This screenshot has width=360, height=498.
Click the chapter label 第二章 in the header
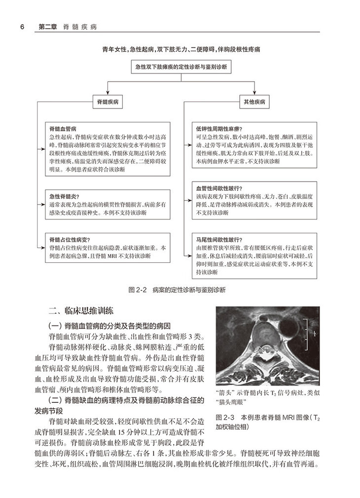tap(47, 26)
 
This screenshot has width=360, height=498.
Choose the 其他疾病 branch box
tap(254, 102)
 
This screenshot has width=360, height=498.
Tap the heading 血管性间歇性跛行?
tap(217, 188)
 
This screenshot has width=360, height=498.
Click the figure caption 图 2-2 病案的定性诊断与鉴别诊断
tap(180, 290)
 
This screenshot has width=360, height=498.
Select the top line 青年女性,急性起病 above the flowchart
tap(180, 49)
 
